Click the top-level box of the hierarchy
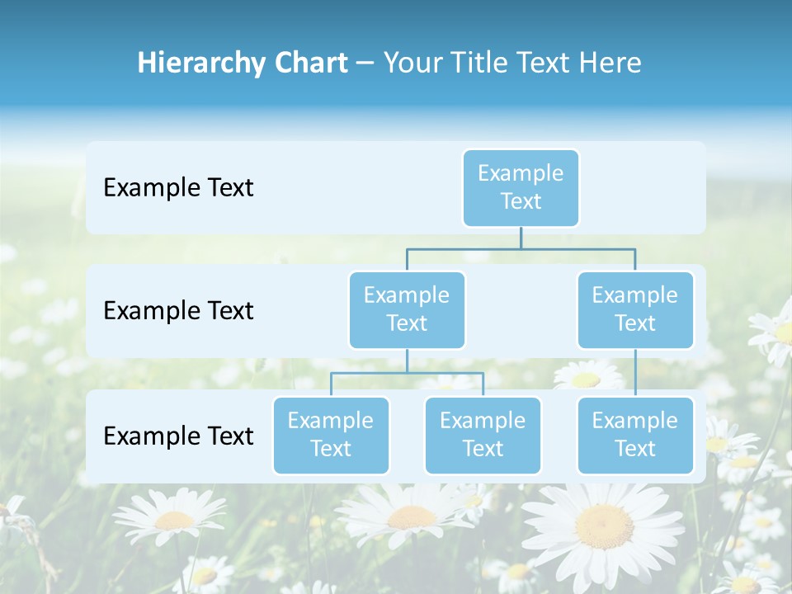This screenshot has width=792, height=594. (521, 187)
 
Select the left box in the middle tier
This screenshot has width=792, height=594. (407, 309)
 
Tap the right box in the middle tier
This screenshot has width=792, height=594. (635, 309)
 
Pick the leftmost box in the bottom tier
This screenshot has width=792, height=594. (331, 435)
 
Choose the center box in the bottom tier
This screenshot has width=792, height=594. (483, 435)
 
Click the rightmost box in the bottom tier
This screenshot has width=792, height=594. (635, 435)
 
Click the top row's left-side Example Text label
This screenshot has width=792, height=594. (178, 187)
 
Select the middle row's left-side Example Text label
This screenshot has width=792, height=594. (178, 310)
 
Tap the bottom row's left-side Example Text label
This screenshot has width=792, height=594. (178, 436)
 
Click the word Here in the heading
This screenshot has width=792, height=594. (610, 63)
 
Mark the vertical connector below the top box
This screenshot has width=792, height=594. (521, 238)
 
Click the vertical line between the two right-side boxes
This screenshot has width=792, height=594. (635, 373)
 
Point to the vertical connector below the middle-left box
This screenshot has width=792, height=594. (407, 361)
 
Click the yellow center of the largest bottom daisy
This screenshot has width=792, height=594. (604, 525)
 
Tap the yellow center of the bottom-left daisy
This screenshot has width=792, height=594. (174, 521)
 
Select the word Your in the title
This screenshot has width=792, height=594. (411, 63)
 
